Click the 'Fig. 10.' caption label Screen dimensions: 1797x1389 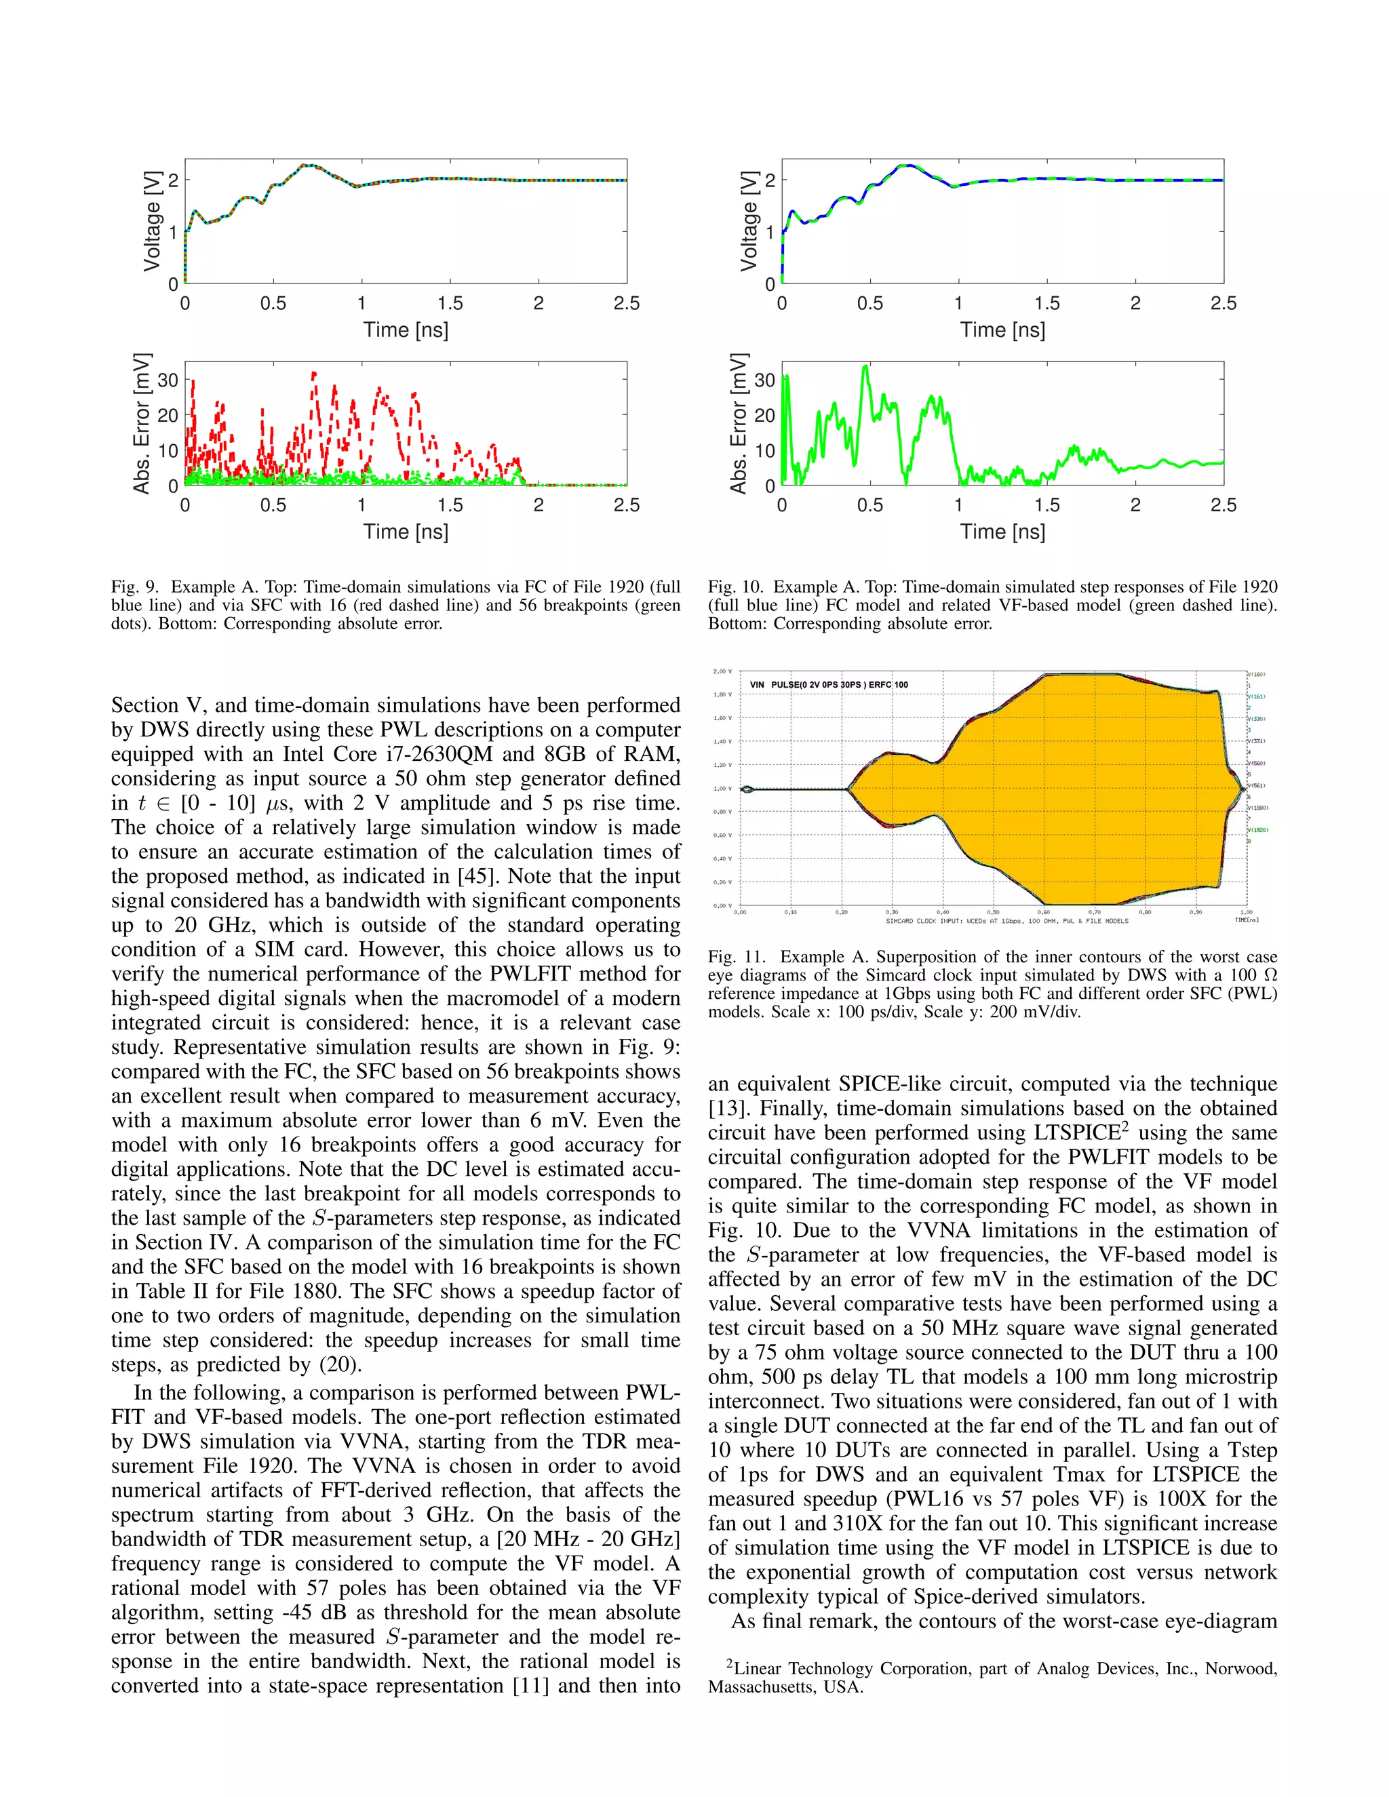click(x=735, y=587)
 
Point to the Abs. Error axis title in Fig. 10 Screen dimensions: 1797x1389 click(x=738, y=424)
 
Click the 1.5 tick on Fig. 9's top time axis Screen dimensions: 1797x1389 click(x=450, y=304)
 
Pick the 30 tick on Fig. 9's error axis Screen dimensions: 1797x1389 click(x=168, y=380)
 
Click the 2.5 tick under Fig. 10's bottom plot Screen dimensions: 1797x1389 click(x=1223, y=505)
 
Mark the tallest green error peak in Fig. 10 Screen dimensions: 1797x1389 click(x=865, y=367)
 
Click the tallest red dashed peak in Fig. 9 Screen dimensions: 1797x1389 click(x=313, y=374)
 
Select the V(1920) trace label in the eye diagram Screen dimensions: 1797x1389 click(x=1259, y=830)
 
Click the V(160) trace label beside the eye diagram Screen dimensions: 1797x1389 click(x=1257, y=674)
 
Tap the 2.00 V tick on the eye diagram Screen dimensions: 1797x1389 click(x=722, y=671)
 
